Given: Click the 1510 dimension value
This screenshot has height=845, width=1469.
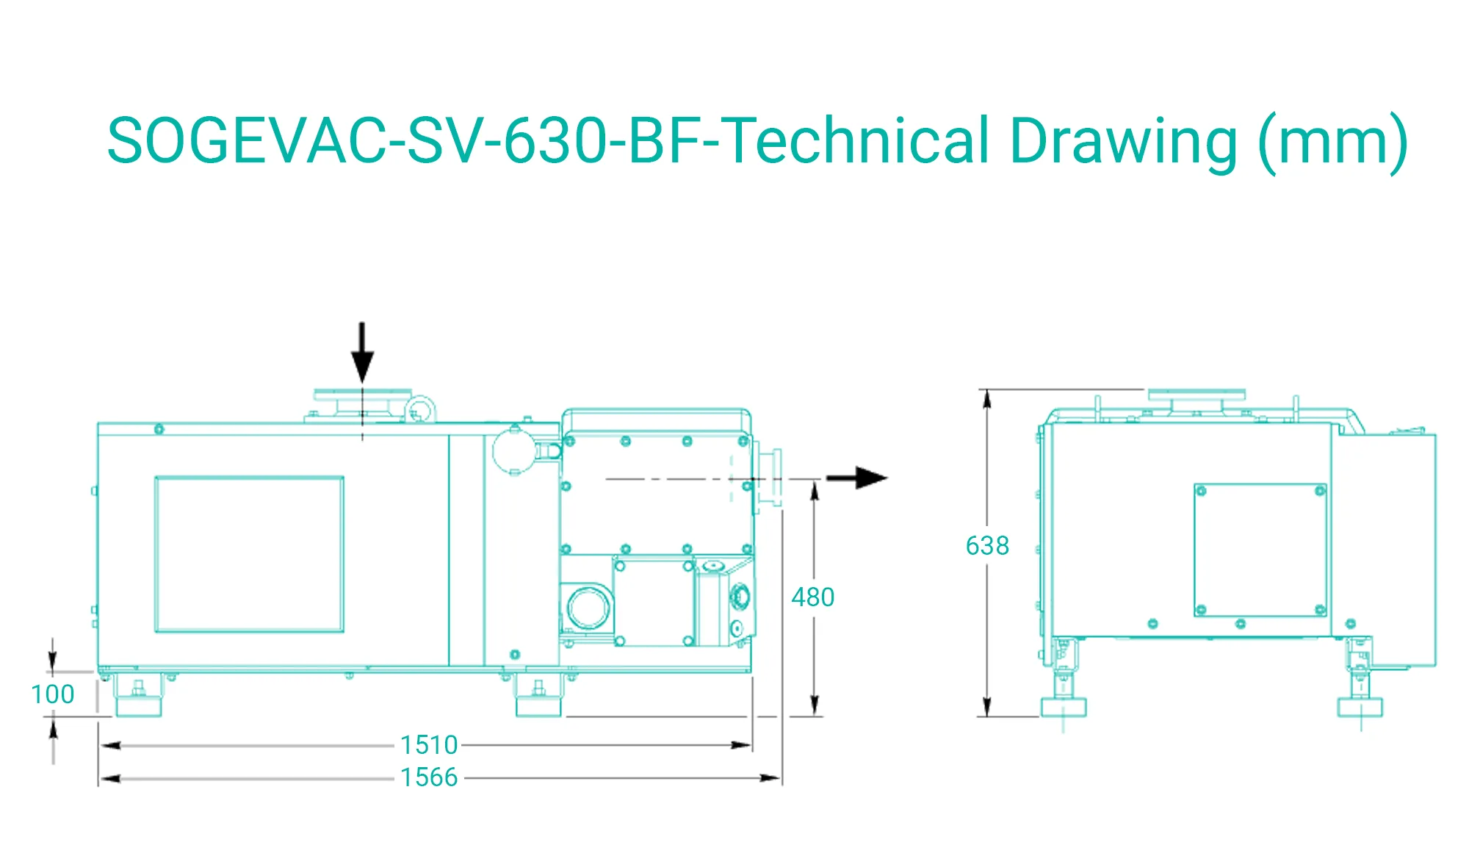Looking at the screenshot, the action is (429, 745).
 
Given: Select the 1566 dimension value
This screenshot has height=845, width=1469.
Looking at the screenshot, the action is (429, 777).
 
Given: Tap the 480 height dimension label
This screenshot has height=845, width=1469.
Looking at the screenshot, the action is (813, 597).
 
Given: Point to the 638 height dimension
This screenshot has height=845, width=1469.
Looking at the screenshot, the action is (987, 546).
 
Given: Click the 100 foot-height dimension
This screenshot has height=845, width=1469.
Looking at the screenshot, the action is (53, 694).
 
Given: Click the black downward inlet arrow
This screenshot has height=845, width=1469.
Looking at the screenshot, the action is (362, 353).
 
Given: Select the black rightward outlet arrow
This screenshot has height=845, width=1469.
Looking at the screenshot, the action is (856, 478).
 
